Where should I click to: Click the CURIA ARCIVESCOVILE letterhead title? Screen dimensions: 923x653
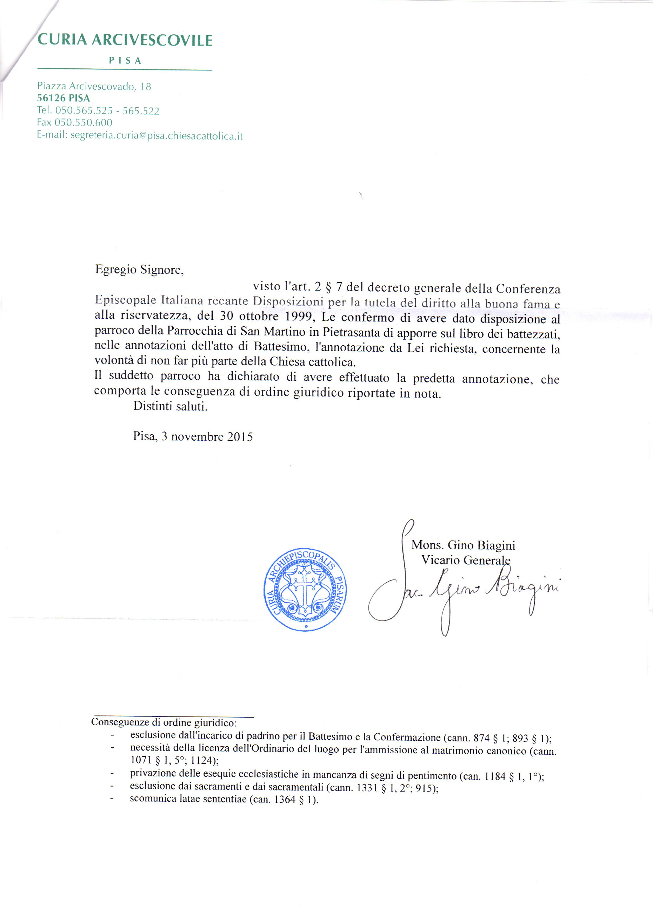[x=125, y=40]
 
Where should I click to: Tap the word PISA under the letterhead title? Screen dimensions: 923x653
[x=125, y=61]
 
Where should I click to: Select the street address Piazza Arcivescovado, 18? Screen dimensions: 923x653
[x=94, y=86]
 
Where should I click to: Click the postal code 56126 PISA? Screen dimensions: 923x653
[x=63, y=98]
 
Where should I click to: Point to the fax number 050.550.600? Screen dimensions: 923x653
[x=83, y=123]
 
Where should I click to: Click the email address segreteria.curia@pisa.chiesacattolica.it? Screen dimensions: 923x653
[x=156, y=136]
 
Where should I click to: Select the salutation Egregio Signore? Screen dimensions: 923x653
[x=139, y=269]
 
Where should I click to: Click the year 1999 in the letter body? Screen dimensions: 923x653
[x=299, y=316]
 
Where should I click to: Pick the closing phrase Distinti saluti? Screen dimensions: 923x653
[x=170, y=406]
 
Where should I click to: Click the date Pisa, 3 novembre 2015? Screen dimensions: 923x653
[x=193, y=436]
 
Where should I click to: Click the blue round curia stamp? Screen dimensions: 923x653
[x=305, y=589]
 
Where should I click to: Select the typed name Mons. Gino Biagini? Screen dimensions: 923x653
[x=463, y=545]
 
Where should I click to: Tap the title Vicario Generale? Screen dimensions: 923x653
[x=466, y=560]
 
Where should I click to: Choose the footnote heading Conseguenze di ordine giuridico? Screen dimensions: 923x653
[x=164, y=722]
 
